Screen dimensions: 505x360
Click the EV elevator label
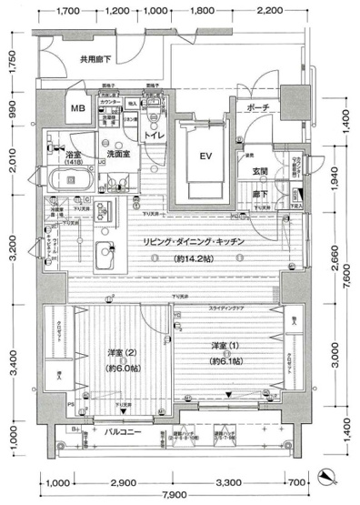[206, 155]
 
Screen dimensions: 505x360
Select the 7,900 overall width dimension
[188, 494]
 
